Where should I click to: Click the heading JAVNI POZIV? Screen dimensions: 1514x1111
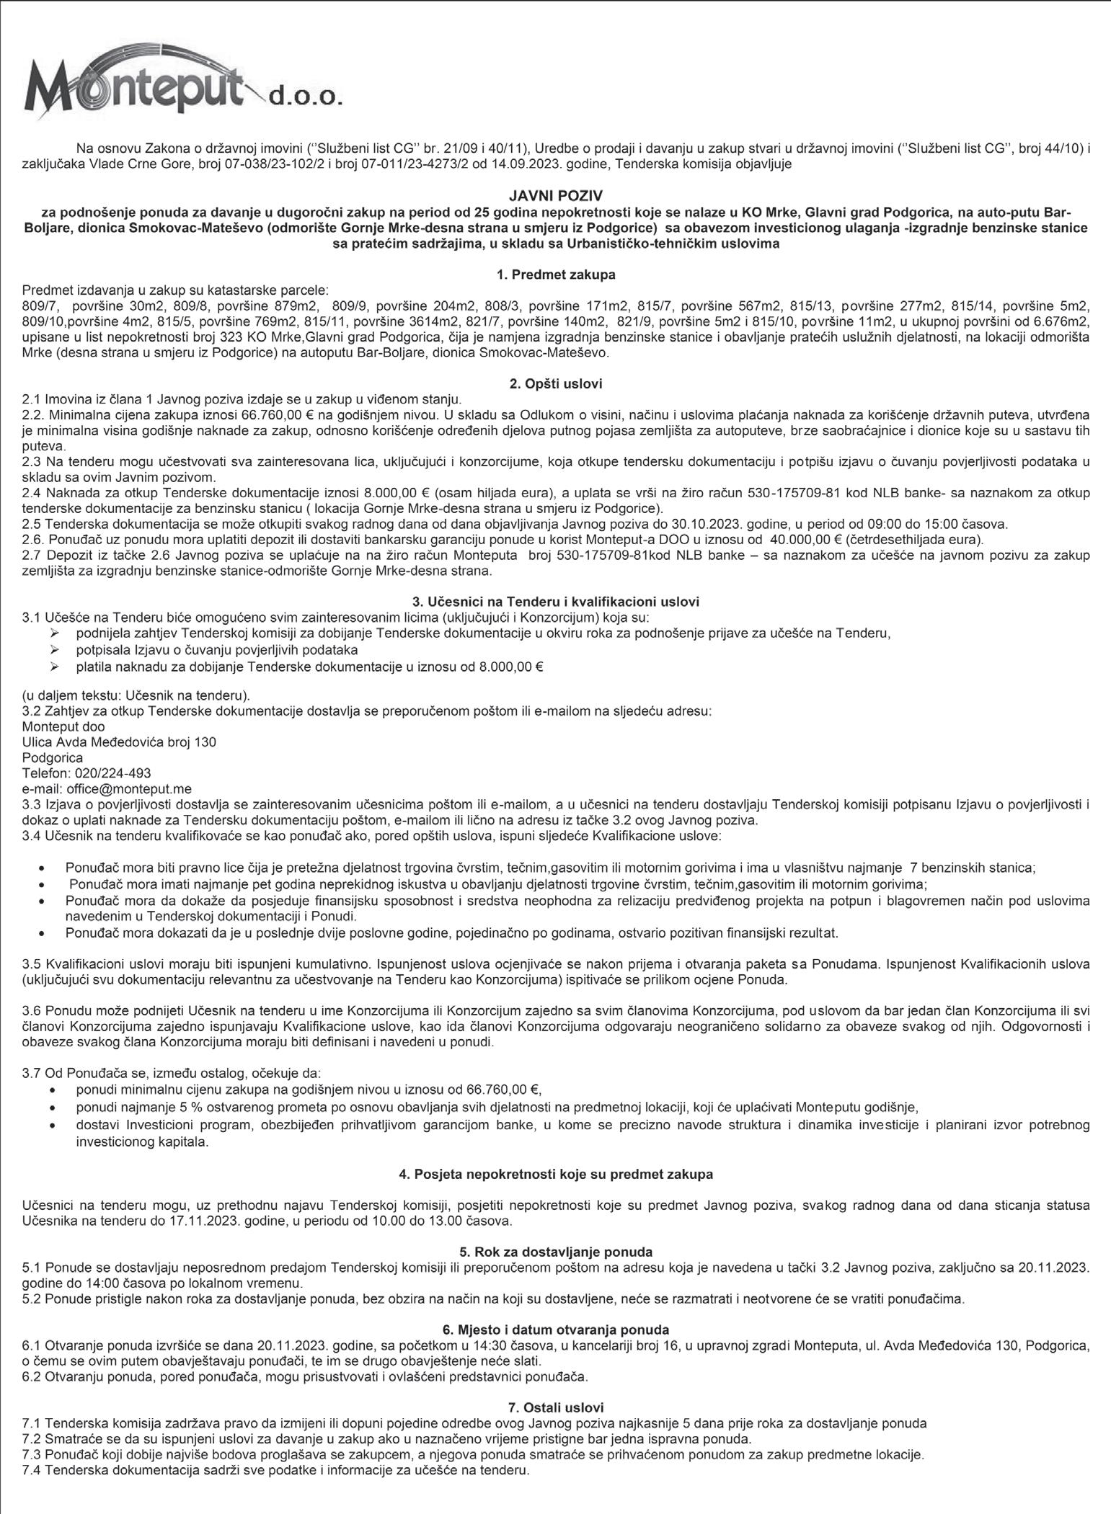(555, 196)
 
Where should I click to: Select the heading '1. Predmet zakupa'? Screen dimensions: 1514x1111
(555, 275)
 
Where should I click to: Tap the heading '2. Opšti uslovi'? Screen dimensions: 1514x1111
(555, 384)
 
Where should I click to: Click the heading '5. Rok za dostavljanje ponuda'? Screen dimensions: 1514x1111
(555, 1252)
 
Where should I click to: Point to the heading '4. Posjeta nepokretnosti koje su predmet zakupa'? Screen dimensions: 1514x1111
(555, 1174)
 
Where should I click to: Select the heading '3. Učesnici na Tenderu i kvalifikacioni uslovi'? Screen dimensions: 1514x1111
(555, 601)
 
